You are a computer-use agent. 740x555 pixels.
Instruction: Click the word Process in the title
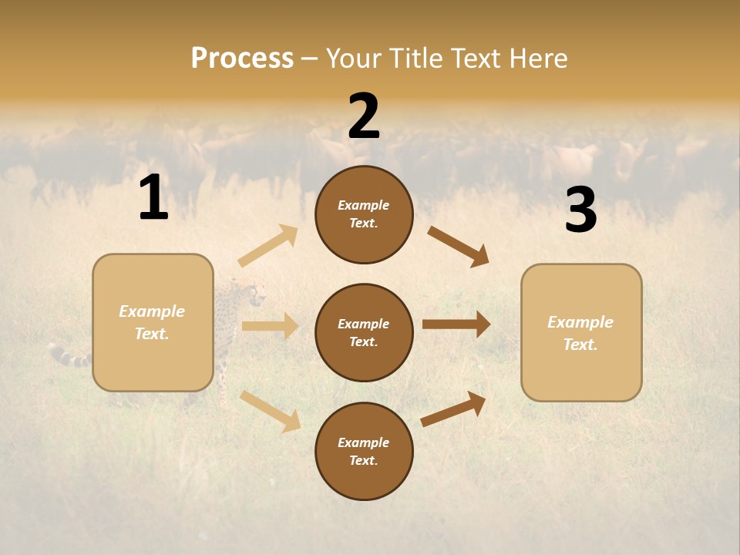(242, 58)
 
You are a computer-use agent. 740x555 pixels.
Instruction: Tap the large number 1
(153, 198)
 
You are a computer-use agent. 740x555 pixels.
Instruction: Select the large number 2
(364, 116)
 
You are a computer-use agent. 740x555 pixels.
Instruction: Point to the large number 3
(580, 210)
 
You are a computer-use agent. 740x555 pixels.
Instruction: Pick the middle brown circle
(364, 332)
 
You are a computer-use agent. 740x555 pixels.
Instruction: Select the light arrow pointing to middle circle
(270, 326)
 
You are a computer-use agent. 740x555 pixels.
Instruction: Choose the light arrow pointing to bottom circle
(270, 410)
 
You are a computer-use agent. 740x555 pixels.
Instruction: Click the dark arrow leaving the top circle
(458, 246)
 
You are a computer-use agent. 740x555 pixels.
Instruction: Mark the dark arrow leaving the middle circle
(456, 325)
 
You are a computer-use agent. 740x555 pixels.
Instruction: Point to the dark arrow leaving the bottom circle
(453, 409)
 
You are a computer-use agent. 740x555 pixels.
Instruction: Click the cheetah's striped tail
(68, 356)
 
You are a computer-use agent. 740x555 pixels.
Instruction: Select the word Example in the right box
(580, 322)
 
